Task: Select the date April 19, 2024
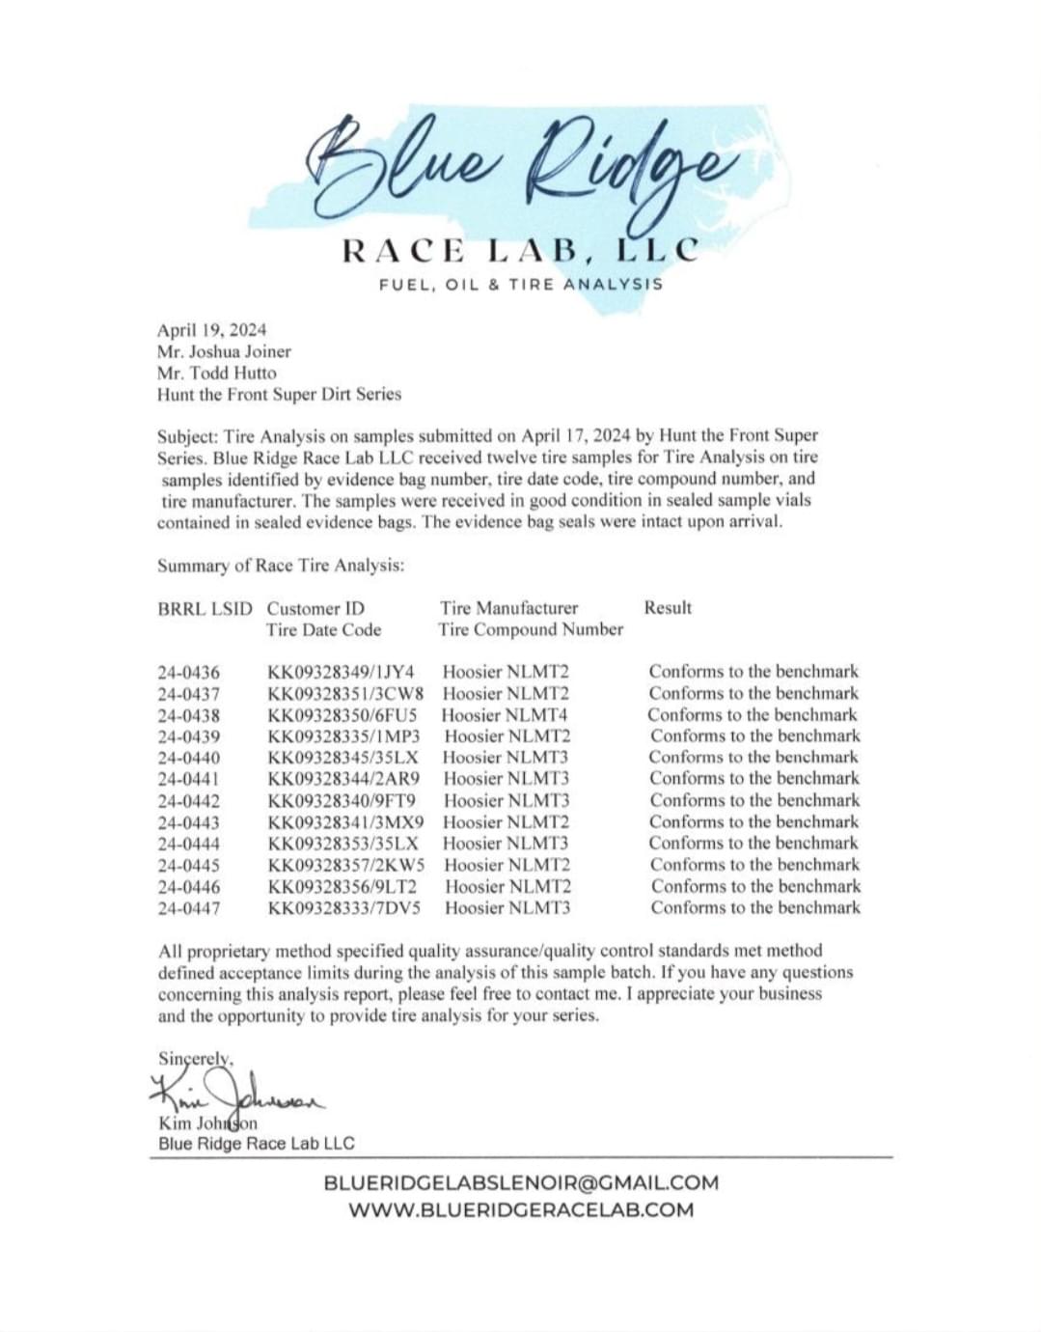point(212,330)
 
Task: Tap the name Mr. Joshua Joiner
point(224,351)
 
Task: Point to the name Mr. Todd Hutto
point(217,373)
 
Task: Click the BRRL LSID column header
point(205,609)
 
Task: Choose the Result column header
point(668,608)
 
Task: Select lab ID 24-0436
point(189,673)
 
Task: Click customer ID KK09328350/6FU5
point(342,715)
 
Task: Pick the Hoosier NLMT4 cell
point(505,715)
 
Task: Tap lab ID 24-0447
point(189,908)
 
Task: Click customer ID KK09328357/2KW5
point(346,865)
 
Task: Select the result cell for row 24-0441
point(753,779)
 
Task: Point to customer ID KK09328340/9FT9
point(342,801)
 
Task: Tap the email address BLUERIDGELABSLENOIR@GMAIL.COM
point(521,1183)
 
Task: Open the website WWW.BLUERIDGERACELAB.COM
point(521,1210)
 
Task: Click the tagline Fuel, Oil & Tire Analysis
point(521,285)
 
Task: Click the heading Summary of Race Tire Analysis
point(281,566)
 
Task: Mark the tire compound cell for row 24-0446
point(507,887)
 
